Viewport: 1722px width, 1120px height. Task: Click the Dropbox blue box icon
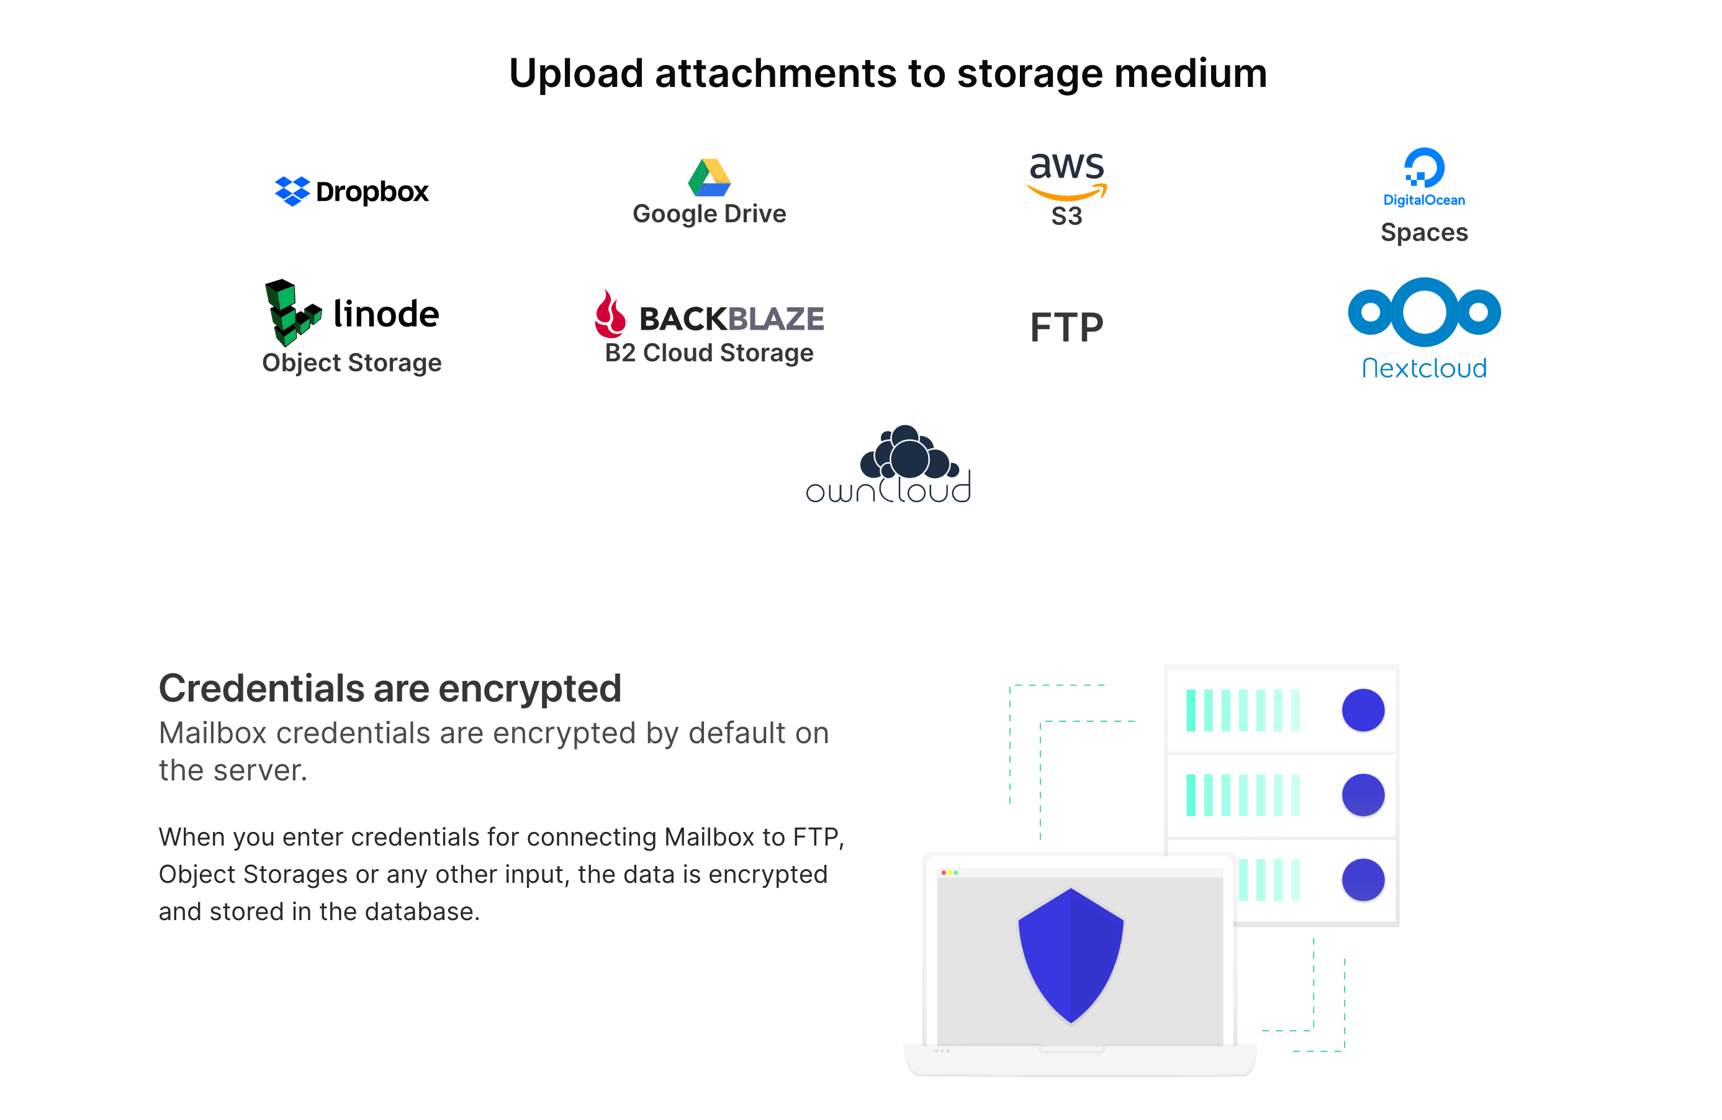click(292, 191)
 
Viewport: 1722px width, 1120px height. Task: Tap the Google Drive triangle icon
click(709, 178)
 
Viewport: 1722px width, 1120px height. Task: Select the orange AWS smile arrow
click(1066, 192)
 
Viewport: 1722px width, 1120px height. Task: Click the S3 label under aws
click(1066, 216)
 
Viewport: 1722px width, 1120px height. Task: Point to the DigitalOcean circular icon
click(1423, 168)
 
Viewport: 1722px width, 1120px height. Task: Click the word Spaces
click(1423, 233)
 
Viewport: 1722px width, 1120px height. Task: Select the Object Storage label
click(351, 363)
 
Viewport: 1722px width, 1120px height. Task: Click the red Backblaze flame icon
click(610, 314)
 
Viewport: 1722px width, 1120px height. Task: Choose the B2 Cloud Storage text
click(709, 353)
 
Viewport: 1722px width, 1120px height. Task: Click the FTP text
click(1066, 328)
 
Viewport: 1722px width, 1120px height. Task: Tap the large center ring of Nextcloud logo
click(1424, 312)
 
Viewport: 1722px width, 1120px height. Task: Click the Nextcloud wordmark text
click(1424, 368)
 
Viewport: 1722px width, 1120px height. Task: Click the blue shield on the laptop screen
click(1070, 954)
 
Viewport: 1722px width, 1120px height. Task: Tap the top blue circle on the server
click(1363, 710)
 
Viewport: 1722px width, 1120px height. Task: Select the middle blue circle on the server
click(1363, 795)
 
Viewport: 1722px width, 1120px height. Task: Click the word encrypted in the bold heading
click(530, 689)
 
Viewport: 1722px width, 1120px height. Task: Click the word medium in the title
click(1190, 74)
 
